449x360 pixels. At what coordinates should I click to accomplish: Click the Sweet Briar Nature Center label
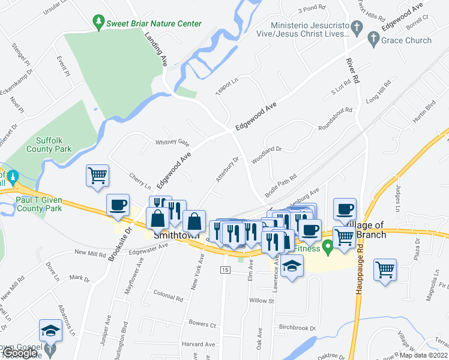154,23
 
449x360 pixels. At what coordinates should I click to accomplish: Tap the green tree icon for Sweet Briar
98,23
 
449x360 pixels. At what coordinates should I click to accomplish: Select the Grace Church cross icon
373,41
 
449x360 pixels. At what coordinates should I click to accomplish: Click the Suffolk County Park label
53,145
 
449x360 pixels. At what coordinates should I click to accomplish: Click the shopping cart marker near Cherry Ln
97,176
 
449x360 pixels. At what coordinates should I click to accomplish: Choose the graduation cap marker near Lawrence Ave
292,266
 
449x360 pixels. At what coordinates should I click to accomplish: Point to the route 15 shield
224,271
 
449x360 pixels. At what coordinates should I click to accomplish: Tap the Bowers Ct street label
202,325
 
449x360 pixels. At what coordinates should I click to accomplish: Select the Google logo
19,353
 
